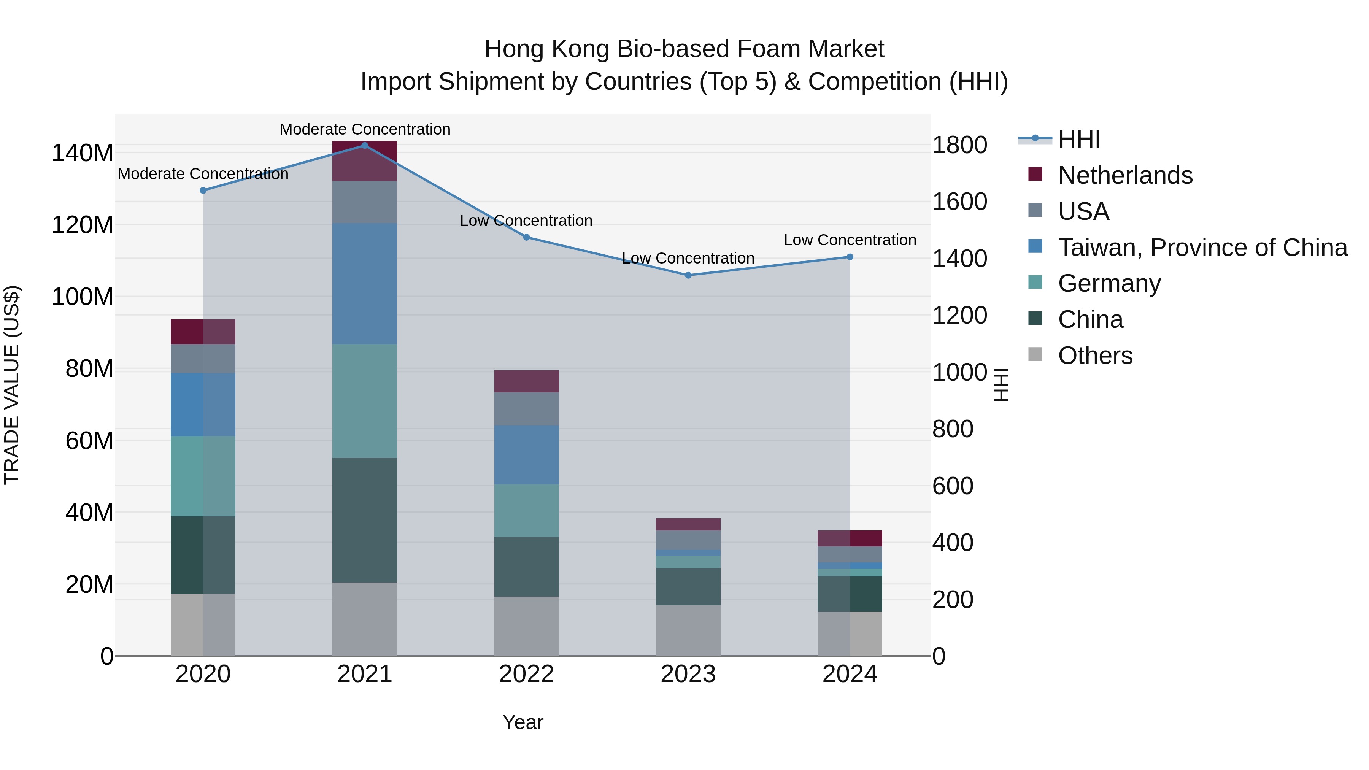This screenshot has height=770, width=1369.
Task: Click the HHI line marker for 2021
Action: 365,145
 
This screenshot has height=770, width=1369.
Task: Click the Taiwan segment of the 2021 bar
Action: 365,283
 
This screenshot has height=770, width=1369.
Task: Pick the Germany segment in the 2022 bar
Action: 526,510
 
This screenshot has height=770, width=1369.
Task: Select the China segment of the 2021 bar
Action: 365,520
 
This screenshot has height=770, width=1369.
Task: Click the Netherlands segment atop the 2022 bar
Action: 526,381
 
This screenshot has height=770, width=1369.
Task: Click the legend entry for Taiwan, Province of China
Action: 1202,247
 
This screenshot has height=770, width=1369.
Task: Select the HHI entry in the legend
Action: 1078,139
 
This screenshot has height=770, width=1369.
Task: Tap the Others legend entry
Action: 1095,355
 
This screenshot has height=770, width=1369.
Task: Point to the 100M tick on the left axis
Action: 83,297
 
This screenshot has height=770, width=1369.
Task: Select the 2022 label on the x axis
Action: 526,674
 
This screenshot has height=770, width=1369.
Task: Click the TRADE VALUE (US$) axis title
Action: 12,385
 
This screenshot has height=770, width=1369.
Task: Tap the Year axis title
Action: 523,722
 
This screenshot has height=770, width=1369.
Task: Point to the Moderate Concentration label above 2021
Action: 365,129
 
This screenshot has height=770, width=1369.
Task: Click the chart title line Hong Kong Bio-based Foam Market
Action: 684,49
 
